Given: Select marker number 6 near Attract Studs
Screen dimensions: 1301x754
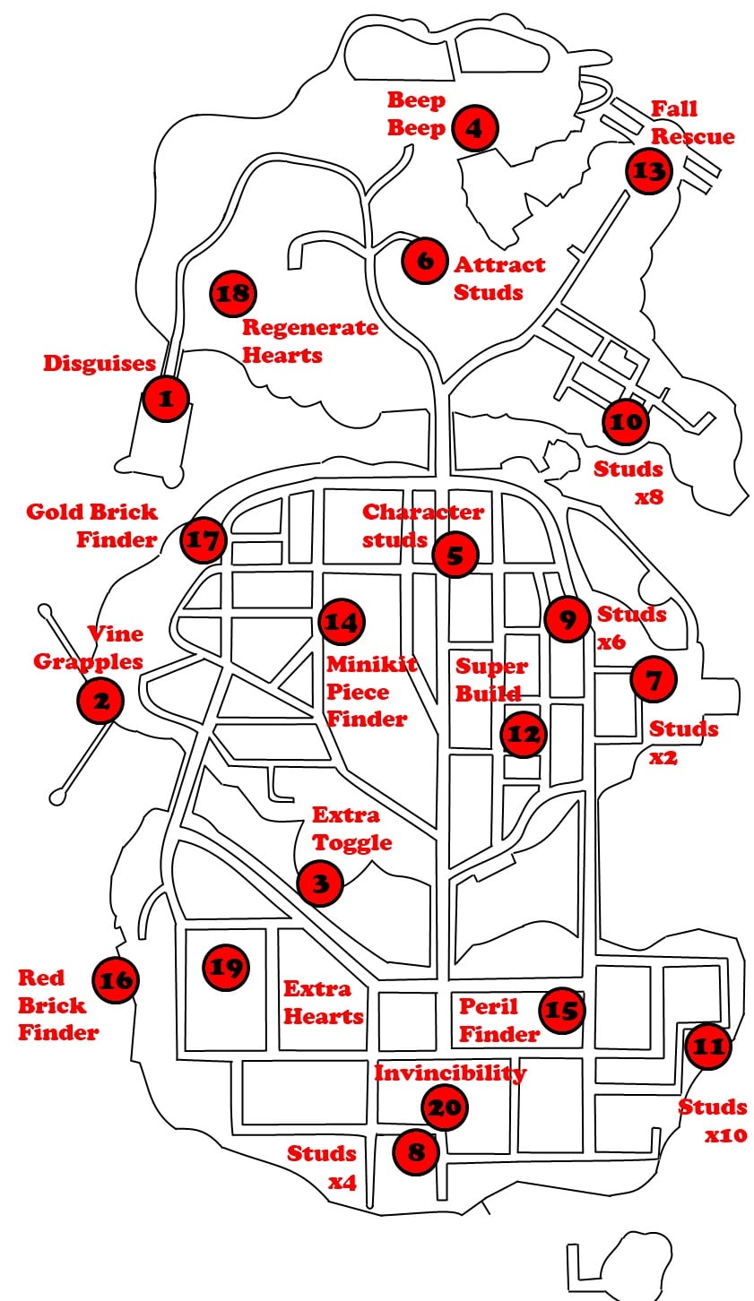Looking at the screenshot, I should [424, 261].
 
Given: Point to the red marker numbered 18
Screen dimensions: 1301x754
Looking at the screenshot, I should [233, 293].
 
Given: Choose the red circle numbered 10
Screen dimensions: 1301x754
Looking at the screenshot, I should [627, 422].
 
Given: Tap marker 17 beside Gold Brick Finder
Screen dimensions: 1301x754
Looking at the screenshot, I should [203, 540].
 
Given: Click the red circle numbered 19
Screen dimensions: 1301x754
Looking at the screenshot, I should [226, 968].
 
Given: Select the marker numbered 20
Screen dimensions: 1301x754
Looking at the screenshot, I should [445, 1108].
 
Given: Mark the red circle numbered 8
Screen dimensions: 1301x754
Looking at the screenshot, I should [416, 1150].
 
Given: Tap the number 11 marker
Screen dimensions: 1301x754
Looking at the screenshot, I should [708, 1046].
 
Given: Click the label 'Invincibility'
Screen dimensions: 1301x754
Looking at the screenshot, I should [450, 1073].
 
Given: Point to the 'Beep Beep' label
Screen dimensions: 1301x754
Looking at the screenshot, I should [416, 114].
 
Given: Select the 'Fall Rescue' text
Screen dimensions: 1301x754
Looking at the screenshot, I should [691, 123].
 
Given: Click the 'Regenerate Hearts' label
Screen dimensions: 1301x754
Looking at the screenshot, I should [309, 340].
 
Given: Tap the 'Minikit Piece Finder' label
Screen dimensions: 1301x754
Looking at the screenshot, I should [366, 692].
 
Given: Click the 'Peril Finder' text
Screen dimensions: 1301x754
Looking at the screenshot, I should [498, 1020].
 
